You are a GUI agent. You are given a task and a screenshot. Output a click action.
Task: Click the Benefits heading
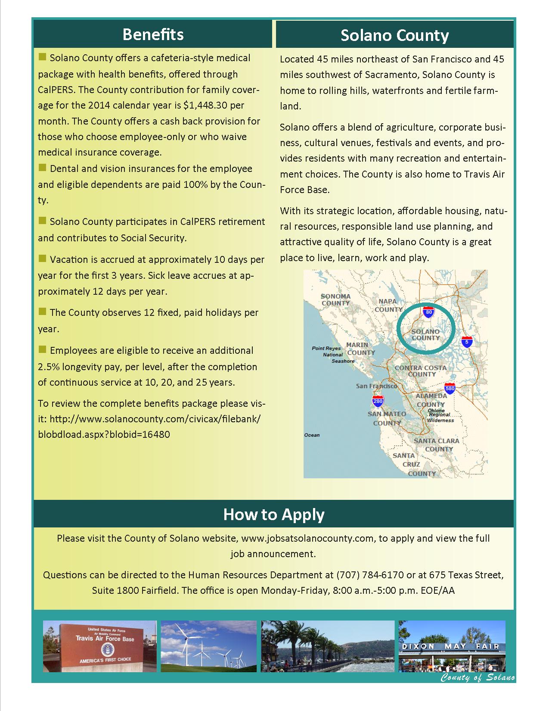pos(153,34)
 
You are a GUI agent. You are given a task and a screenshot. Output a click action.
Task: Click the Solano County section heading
pos(394,35)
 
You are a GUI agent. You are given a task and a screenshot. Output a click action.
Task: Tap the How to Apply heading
pos(274,515)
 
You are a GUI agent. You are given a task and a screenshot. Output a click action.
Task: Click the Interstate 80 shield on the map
pos(428,312)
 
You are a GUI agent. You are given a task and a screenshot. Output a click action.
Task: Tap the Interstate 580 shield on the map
pos(450,388)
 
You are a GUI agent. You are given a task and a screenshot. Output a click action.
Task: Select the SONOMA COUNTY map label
pos(336,299)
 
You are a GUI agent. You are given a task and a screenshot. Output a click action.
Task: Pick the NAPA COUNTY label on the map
pos(388,305)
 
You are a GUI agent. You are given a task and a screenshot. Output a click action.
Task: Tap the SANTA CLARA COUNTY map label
pos(437,445)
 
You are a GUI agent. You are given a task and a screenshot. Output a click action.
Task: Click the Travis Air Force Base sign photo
pos(99,646)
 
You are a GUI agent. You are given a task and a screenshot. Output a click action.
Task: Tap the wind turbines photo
pos(208,646)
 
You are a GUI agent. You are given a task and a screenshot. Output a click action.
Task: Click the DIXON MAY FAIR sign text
pos(451,646)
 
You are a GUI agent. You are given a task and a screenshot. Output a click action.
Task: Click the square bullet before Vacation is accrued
pos(42,259)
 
